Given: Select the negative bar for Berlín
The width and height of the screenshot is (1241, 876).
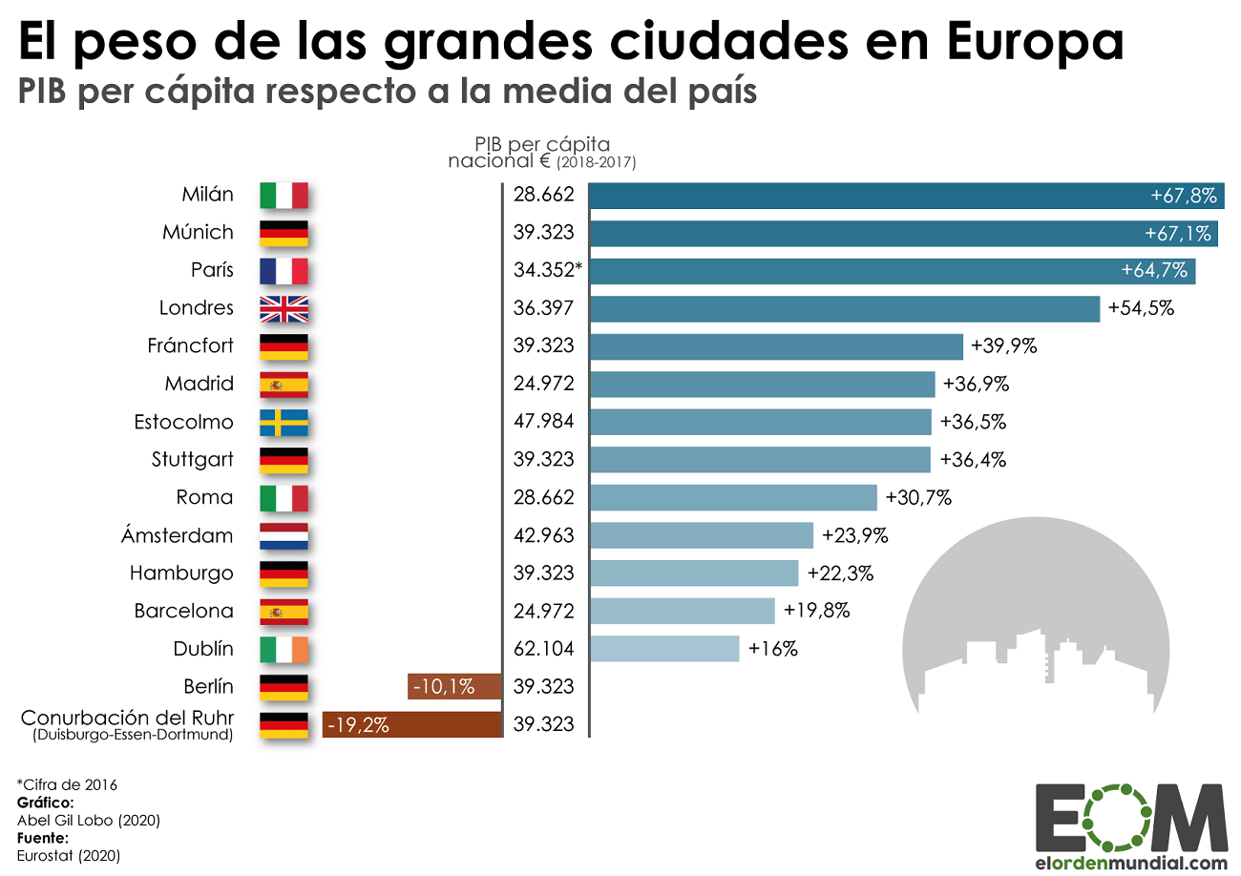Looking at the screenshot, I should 454,686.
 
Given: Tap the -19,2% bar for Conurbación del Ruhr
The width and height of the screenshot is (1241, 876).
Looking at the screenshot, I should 412,724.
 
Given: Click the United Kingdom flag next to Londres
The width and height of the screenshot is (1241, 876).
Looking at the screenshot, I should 284,308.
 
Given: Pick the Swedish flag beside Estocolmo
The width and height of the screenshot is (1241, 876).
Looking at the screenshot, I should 284,422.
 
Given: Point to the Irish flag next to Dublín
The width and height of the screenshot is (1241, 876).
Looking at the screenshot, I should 284,649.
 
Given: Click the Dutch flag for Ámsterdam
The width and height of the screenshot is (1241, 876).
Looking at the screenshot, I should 284,535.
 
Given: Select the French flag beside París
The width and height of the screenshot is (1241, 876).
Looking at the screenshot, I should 284,271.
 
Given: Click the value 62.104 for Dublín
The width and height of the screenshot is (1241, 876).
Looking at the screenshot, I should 543,649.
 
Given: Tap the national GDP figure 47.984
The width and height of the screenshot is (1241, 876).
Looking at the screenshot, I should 543,422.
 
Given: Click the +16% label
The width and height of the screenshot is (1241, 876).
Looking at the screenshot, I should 772,649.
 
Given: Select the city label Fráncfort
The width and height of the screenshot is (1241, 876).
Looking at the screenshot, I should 190,345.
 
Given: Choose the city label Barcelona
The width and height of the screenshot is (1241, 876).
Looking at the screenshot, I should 183,611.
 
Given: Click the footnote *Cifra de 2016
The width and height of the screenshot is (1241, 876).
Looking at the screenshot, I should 67,784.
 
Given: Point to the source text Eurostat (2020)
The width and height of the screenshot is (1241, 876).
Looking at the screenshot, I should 69,856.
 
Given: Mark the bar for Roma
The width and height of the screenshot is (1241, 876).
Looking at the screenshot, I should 733,497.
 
